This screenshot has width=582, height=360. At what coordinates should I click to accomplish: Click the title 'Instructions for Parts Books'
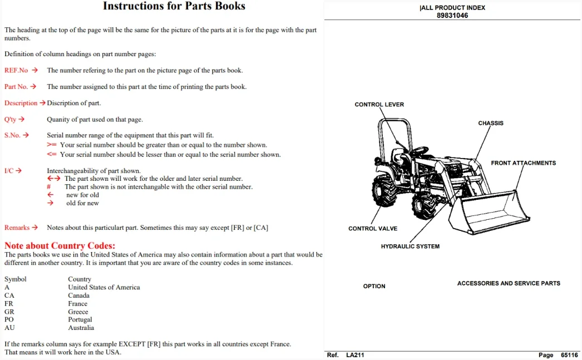(x=174, y=6)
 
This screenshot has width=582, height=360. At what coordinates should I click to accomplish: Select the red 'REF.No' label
(x=16, y=70)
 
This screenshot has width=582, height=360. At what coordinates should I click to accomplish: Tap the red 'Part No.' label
(x=16, y=86)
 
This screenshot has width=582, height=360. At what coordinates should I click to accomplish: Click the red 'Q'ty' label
(x=11, y=120)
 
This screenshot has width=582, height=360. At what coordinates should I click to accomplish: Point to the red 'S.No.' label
(x=12, y=135)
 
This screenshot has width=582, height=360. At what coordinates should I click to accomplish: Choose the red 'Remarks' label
(x=17, y=228)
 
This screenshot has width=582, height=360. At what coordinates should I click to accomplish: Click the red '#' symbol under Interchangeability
(x=48, y=187)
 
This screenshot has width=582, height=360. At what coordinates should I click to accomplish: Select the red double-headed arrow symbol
(x=54, y=179)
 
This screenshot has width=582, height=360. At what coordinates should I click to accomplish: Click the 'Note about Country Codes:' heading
(x=60, y=246)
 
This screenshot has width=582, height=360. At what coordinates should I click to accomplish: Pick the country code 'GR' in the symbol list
(x=9, y=312)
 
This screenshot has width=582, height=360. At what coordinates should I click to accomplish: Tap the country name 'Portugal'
(x=80, y=319)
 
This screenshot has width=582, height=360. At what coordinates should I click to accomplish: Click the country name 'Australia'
(x=81, y=328)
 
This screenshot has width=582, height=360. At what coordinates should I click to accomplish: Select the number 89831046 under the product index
(x=452, y=16)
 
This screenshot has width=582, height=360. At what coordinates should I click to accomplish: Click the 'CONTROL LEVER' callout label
(x=379, y=105)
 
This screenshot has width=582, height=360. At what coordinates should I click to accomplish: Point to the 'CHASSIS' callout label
(x=491, y=123)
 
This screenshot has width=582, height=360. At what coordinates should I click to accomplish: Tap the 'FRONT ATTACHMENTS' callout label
(x=524, y=163)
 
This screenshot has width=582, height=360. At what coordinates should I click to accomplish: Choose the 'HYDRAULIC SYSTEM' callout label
(x=410, y=246)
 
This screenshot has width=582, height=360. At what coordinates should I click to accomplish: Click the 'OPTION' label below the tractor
(x=374, y=286)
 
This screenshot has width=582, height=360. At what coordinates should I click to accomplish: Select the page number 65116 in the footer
(x=569, y=355)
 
